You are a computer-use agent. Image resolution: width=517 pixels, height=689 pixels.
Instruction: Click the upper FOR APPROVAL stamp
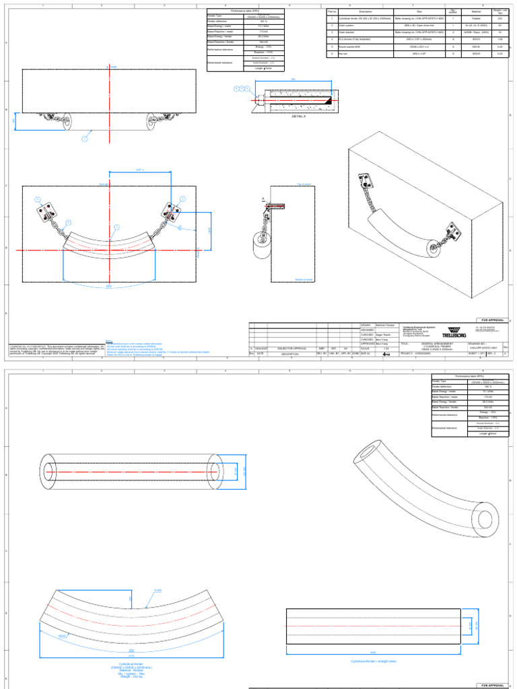point(489,319)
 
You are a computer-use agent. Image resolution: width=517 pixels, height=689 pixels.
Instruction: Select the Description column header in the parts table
point(366,11)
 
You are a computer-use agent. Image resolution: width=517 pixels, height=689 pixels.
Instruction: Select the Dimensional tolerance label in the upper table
point(222,63)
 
